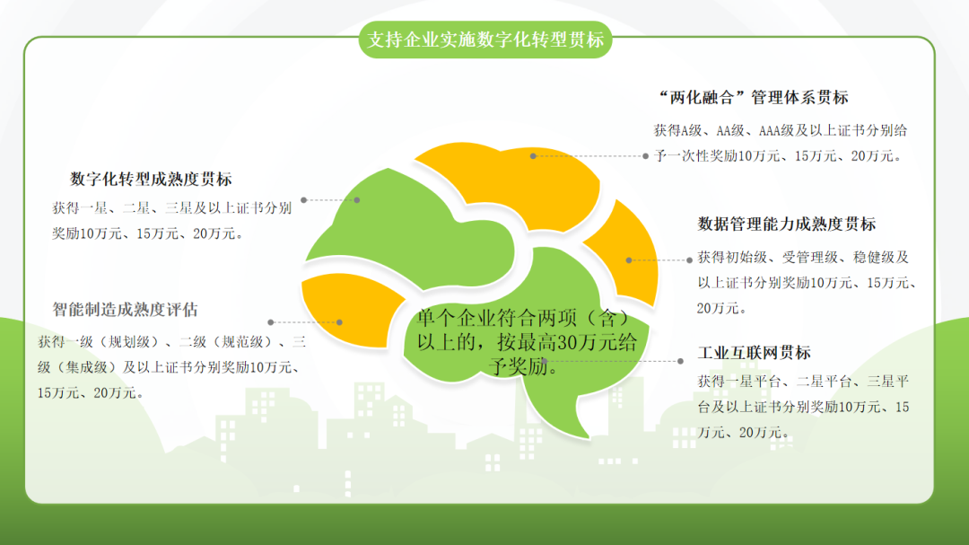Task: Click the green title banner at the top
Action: pyautogui.click(x=485, y=40)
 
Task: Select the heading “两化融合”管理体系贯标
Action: pyautogui.click(x=754, y=97)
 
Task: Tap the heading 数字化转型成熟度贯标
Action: pyautogui.click(x=151, y=179)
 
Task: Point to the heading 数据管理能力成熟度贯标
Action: pyautogui.click(x=787, y=224)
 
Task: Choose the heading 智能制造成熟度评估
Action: pyautogui.click(x=125, y=309)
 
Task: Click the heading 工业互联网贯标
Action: pyautogui.click(x=754, y=353)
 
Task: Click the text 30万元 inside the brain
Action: pyautogui.click(x=579, y=342)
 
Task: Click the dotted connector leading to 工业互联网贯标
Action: pyautogui.click(x=613, y=361)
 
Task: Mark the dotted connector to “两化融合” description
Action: pyautogui.click(x=589, y=156)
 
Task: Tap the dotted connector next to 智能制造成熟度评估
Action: pyautogui.click(x=305, y=322)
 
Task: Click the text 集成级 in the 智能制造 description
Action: pyautogui.click(x=87, y=367)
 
